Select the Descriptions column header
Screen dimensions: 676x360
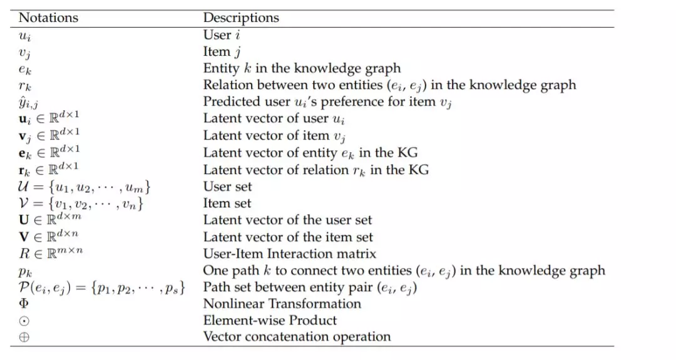coord(241,18)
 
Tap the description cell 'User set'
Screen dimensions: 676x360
coord(227,186)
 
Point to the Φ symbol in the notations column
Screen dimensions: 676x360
coord(24,304)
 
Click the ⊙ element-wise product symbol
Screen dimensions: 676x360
coord(24,321)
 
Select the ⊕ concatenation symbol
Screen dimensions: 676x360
coord(24,337)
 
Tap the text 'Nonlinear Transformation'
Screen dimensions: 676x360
coord(282,304)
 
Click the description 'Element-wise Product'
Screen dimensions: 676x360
coord(270,321)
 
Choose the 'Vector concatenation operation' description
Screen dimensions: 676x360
coord(297,337)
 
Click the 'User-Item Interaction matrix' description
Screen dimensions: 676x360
coord(289,254)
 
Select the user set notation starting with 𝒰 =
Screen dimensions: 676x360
coord(84,187)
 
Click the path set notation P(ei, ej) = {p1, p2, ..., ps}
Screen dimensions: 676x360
coord(102,287)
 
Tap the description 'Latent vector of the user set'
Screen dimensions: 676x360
coord(287,220)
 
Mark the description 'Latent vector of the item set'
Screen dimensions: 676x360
coord(287,237)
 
